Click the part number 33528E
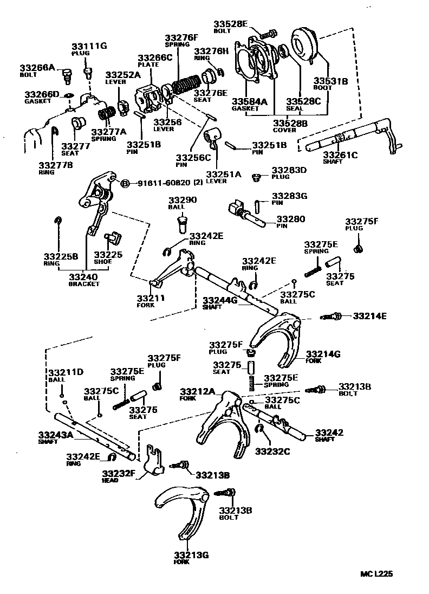230,23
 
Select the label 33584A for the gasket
249,101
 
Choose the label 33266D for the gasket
42,94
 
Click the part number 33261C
340,155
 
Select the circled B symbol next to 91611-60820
124,183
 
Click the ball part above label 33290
182,222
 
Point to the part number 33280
291,219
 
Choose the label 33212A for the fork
198,391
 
